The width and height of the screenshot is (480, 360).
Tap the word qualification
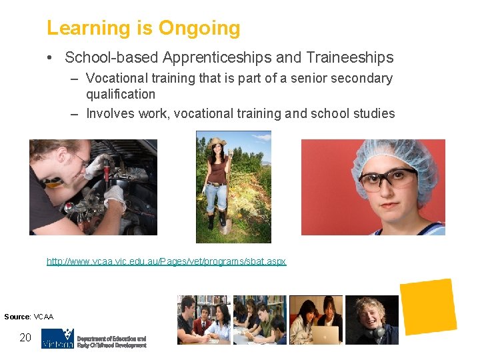(121, 95)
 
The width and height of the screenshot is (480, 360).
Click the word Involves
(111, 113)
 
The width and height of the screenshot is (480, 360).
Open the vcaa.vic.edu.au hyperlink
(166, 261)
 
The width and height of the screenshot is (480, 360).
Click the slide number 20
(25, 337)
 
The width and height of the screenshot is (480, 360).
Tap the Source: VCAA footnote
(29, 317)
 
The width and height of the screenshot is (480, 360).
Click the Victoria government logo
(57, 339)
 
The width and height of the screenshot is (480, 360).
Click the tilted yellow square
(428, 307)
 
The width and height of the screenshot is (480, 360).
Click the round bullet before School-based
(51, 58)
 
